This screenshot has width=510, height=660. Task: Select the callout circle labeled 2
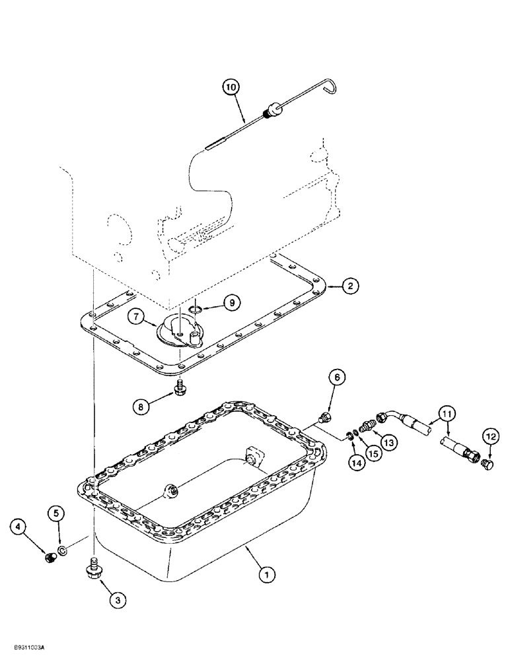pos(351,285)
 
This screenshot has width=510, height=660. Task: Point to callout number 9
pos(231,302)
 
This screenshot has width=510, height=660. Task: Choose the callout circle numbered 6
pos(336,378)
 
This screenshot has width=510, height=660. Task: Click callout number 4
pos(19,526)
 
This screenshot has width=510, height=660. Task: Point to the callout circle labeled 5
pos(56,513)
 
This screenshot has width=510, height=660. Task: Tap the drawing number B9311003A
pos(33,649)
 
